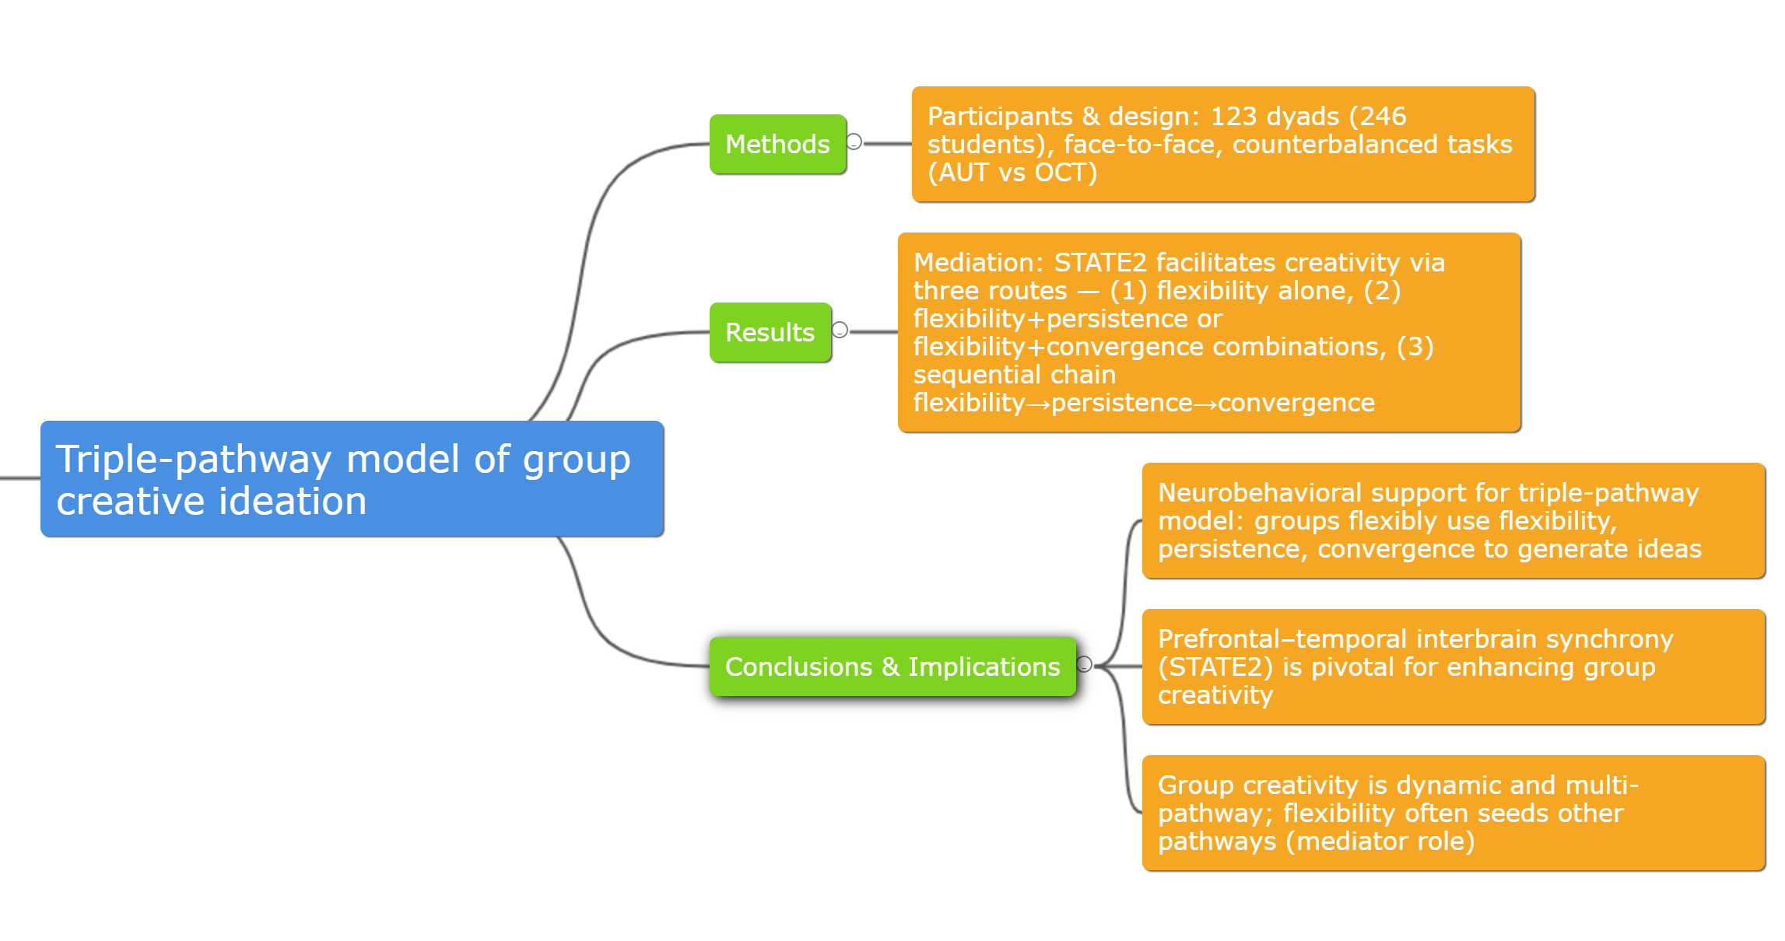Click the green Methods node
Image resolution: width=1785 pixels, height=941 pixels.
point(777,145)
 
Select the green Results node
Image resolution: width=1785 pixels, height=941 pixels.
point(770,333)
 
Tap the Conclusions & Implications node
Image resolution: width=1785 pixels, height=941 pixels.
point(892,667)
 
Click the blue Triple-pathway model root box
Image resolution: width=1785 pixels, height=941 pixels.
point(352,479)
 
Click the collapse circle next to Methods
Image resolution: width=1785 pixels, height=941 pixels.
point(854,142)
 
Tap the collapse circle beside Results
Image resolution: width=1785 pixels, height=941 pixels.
point(840,330)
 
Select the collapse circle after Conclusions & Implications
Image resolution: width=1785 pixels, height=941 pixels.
point(1085,664)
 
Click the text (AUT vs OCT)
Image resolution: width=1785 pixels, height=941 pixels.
point(1012,173)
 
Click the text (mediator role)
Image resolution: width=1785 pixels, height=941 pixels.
point(1380,841)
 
